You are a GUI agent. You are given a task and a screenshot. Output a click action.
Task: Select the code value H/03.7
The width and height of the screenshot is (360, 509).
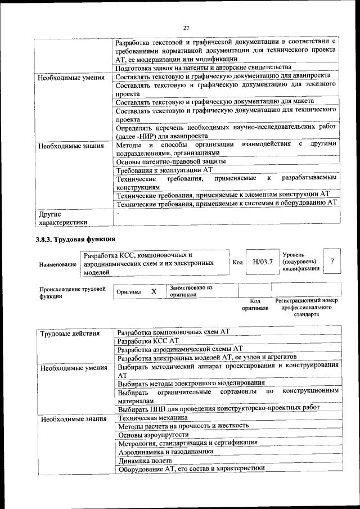(262, 262)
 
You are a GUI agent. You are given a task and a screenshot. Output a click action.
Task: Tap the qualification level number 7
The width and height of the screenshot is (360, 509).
(332, 261)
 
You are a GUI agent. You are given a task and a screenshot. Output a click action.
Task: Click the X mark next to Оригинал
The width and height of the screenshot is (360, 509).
(153, 291)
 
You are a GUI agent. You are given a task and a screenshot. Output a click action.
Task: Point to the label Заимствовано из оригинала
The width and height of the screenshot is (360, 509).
(191, 291)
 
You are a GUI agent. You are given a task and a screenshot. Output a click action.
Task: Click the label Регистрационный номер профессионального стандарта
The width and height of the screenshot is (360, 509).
(306, 307)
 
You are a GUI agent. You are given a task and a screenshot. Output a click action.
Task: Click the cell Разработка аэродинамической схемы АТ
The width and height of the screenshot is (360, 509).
(179, 349)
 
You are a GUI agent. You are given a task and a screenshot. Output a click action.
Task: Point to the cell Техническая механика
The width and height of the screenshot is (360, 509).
(152, 418)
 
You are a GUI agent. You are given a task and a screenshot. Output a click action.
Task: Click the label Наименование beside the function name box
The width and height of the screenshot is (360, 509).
(58, 264)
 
